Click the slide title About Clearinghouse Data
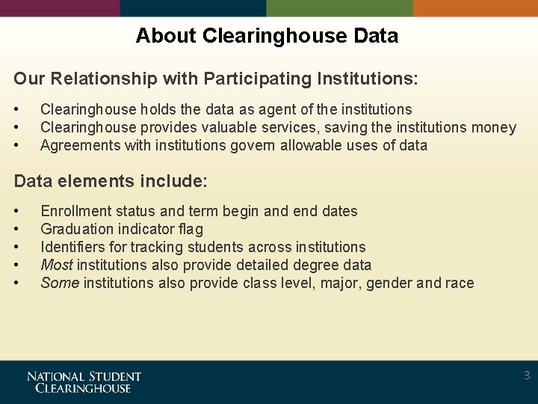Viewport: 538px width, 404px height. click(x=267, y=35)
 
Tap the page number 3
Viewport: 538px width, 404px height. click(x=527, y=376)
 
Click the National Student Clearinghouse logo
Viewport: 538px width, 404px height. click(x=84, y=382)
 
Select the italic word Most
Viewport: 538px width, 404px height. click(x=57, y=265)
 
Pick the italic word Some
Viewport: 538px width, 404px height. click(x=60, y=283)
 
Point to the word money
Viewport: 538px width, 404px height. click(x=494, y=127)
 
